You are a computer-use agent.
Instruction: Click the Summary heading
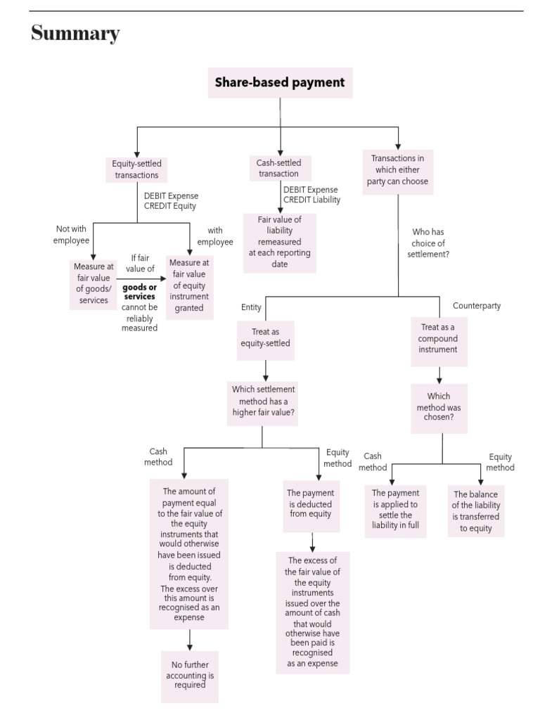point(75,34)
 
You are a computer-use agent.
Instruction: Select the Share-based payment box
point(280,83)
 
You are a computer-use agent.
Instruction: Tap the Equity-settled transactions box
point(136,169)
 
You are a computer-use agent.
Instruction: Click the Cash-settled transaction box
point(279,168)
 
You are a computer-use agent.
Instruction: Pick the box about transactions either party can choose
point(397,169)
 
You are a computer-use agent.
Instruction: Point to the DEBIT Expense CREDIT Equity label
point(171,201)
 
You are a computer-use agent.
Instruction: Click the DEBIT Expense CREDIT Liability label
point(311,195)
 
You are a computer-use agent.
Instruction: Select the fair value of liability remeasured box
point(279,243)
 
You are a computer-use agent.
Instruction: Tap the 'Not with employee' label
point(72,235)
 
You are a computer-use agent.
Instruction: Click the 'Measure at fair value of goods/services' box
point(93,283)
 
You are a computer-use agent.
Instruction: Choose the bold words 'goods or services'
point(139,292)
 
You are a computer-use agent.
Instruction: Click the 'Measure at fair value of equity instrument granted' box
point(189,288)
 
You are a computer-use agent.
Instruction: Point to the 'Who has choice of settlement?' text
point(428,243)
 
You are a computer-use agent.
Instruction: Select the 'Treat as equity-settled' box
point(265,338)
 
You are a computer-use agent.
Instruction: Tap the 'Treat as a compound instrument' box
point(439,338)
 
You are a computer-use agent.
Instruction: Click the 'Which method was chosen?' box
point(439,406)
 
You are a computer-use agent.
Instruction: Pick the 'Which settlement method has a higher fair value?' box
point(264,401)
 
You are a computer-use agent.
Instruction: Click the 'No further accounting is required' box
point(189,676)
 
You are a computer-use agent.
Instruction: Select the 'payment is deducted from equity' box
point(310,503)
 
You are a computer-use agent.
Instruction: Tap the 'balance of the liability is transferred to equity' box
point(475,511)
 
